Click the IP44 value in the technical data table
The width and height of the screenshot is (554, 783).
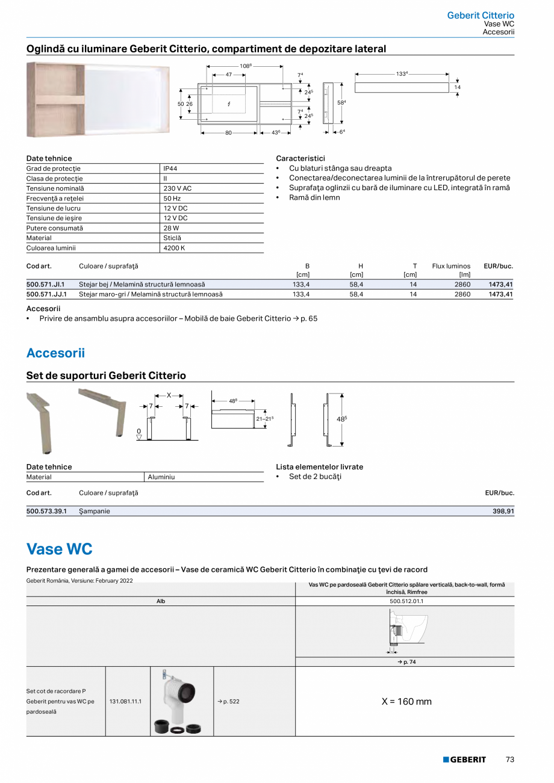(170, 169)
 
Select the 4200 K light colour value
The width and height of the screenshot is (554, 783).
(174, 248)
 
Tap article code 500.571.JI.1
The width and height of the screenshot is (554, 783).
(46, 284)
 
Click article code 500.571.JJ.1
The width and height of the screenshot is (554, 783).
(46, 294)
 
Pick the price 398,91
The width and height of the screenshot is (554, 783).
(503, 511)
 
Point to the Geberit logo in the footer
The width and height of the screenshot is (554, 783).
(464, 760)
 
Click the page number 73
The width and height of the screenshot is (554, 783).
(509, 760)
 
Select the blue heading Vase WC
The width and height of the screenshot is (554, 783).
(60, 549)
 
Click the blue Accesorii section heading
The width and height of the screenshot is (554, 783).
(55, 353)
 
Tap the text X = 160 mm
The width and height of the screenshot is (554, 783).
(406, 702)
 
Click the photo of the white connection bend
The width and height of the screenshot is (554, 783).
(181, 701)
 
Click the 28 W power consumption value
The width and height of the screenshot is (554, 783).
(171, 228)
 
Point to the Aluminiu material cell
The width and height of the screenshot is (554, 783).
(161, 477)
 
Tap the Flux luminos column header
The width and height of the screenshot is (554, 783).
(451, 266)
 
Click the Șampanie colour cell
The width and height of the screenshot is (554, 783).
(95, 511)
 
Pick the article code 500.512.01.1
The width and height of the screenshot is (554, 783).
(406, 601)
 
